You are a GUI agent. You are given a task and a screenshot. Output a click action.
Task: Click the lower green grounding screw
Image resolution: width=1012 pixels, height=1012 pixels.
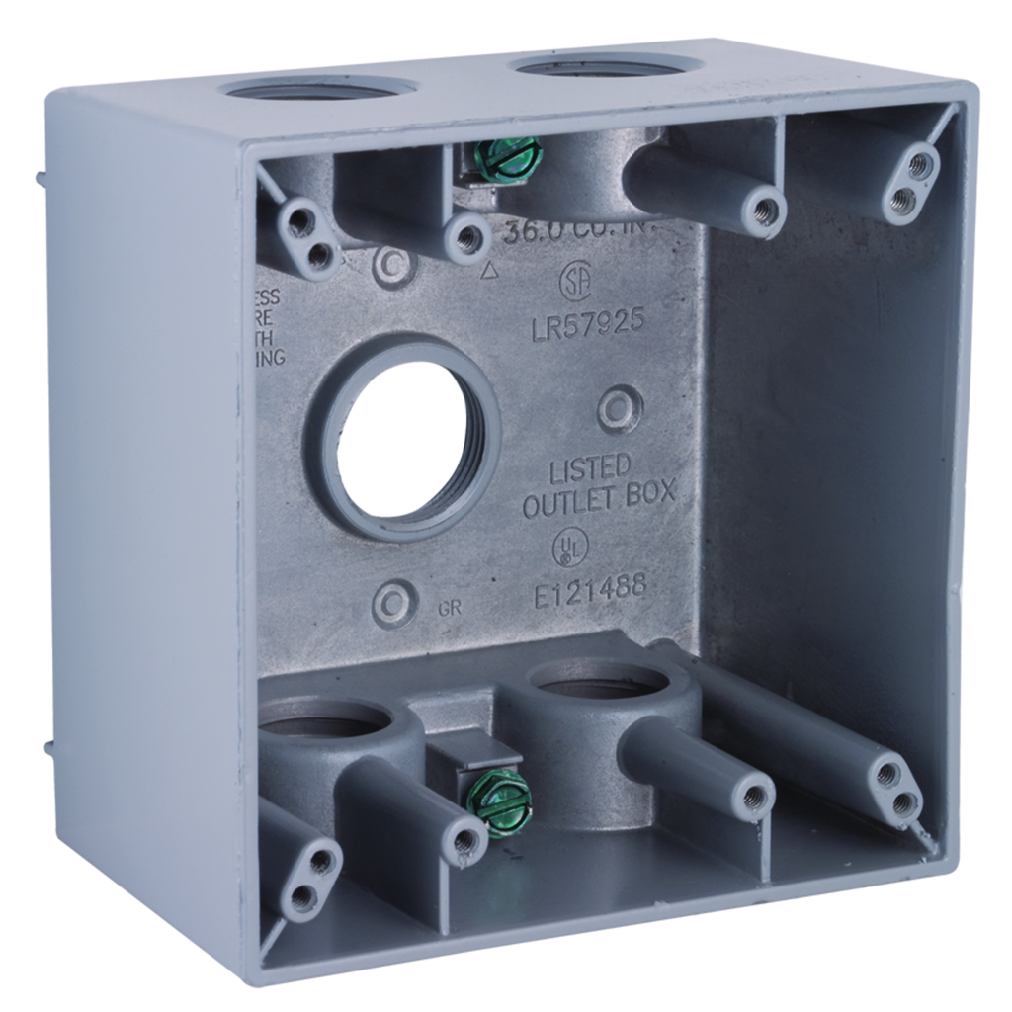(x=499, y=791)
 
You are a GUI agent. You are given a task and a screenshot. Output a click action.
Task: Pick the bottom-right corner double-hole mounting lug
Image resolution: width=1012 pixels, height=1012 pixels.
(x=895, y=790)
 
